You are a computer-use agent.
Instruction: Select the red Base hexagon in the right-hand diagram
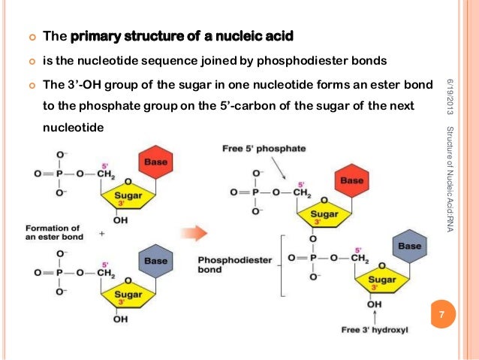pos(351,181)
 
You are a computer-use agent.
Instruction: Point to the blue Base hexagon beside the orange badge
pos(410,246)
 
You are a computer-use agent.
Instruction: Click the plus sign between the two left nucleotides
pos(101,234)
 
